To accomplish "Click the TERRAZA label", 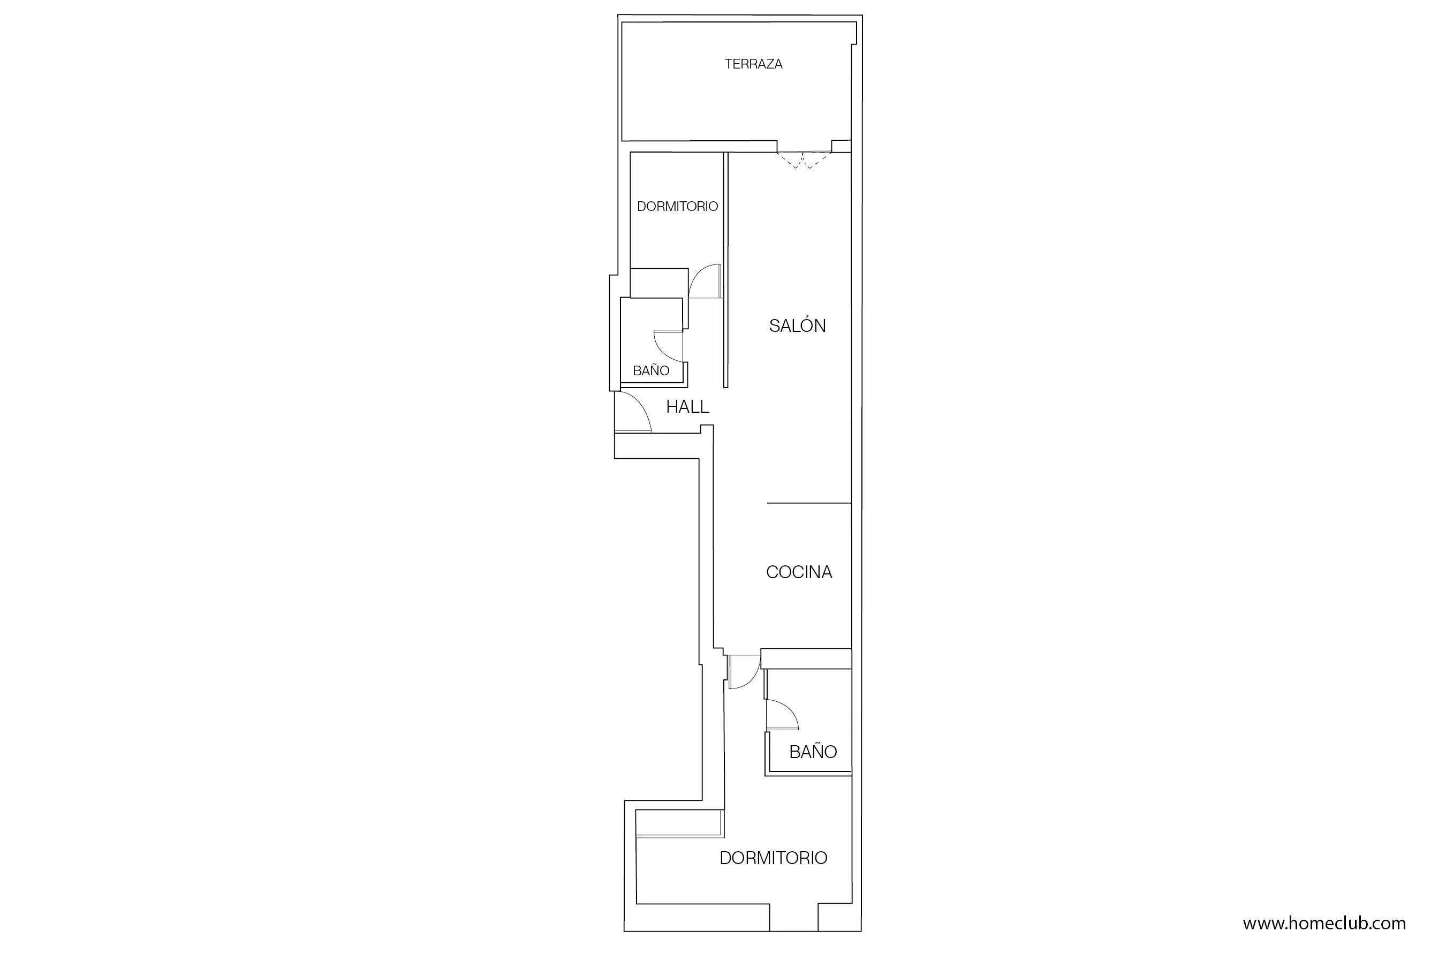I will tap(753, 64).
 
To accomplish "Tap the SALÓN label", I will tap(797, 326).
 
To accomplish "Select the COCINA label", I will tap(798, 572).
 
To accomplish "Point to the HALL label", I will tap(687, 407).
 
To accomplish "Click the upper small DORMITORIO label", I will tap(677, 207).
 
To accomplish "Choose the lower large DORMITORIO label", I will tap(773, 858).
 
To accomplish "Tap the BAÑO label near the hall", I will tap(650, 370).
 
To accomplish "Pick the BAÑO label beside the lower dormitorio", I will tap(812, 752).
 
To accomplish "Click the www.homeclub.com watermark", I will tap(1324, 923).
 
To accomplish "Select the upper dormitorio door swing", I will tap(705, 281).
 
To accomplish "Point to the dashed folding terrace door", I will tap(803, 160).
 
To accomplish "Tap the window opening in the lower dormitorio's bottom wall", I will tap(793, 925).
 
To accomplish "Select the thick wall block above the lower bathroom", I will tap(806, 658).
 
